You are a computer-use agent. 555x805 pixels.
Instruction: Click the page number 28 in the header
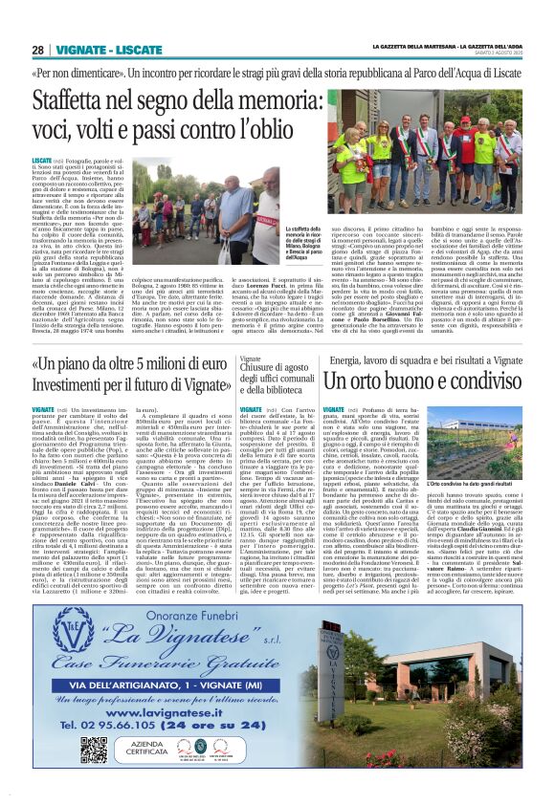tap(37, 50)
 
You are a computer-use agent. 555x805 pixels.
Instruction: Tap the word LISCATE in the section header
tap(131, 50)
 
